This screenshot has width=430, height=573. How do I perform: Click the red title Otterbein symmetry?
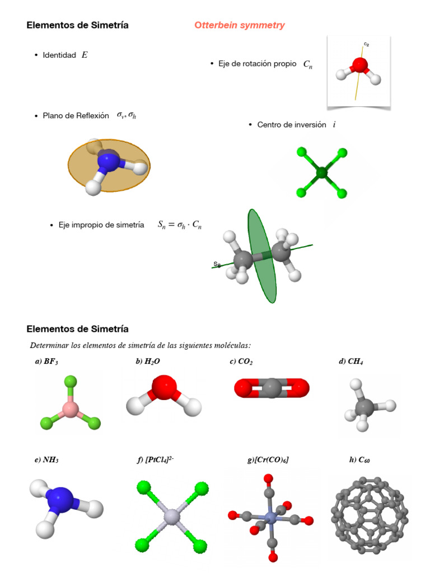(x=239, y=25)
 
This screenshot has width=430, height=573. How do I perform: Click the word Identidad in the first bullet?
(x=59, y=55)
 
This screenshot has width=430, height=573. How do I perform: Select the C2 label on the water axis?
(x=366, y=44)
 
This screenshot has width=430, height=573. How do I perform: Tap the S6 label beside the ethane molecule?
(x=217, y=264)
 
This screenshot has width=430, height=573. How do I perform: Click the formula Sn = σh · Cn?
(x=180, y=225)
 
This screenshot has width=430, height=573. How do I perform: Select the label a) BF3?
(x=46, y=362)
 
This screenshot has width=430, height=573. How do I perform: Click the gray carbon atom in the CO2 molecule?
(x=271, y=388)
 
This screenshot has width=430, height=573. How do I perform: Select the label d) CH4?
(x=351, y=362)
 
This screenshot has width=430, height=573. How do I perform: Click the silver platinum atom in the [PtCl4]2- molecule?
(x=170, y=515)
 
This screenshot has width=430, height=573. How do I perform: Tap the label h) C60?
(x=359, y=460)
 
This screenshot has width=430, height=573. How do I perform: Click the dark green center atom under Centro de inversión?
(x=321, y=173)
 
